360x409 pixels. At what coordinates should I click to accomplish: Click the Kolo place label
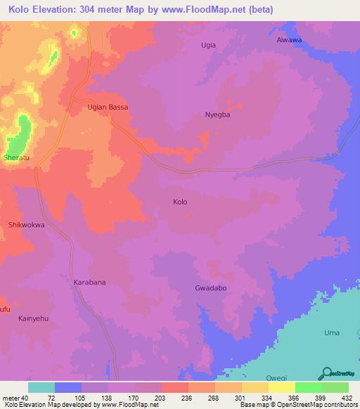pos(180,202)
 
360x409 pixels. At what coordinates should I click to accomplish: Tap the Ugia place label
pos(208,45)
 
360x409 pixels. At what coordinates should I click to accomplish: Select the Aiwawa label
pos(288,40)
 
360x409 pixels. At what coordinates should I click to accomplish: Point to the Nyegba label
pos(217,115)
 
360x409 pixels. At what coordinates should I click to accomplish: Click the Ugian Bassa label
pos(108,108)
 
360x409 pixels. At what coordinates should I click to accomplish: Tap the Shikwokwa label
pos(26,225)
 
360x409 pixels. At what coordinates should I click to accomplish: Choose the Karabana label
pos(89,282)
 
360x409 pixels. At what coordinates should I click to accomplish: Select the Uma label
pos(331,332)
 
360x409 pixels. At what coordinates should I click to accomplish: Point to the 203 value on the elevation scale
pos(148,397)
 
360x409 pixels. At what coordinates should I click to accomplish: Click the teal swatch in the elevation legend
pos(41,387)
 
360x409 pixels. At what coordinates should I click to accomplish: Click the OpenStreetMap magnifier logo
pos(326,375)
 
